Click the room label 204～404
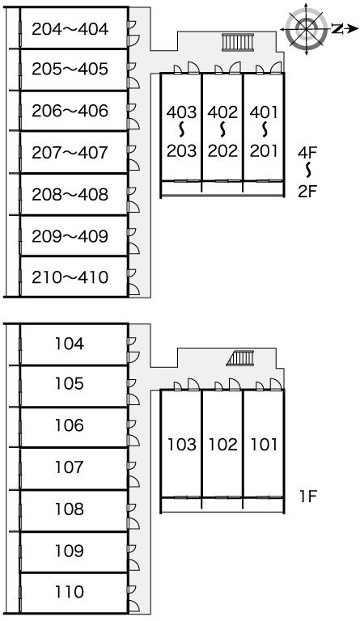pos(70,29)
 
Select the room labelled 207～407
pos(70,153)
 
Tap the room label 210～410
pos(70,277)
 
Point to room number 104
pos(70,344)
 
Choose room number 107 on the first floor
pos(70,467)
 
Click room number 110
pos(70,591)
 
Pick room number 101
pos(264,445)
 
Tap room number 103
pos(182,445)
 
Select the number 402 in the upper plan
pos(222,112)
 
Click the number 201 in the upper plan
pos(264,150)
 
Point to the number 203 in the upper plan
pos(182,150)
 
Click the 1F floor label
pos(308,496)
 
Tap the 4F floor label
pos(308,152)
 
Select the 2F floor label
pos(308,192)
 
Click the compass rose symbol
pos(307,28)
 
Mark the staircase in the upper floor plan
pos(238,42)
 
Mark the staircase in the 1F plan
pos(240,358)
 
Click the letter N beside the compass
pos(337,28)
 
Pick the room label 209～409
pos(70,236)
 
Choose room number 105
pos(70,383)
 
